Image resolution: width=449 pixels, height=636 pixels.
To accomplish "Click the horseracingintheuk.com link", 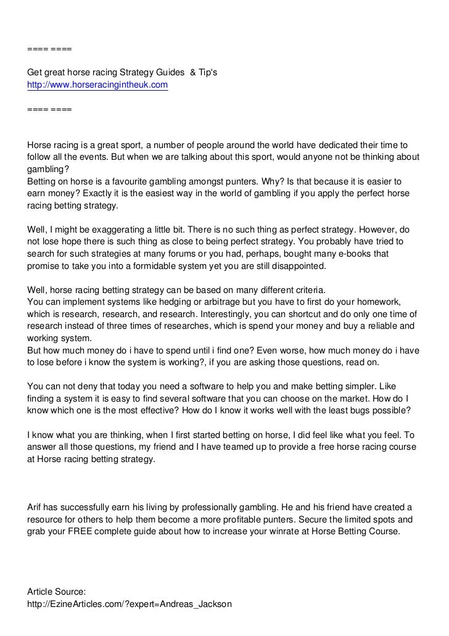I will (x=97, y=85).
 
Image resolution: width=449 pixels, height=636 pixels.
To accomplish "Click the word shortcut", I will (x=295, y=314).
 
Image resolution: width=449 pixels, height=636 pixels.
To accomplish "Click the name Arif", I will (x=36, y=507).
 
